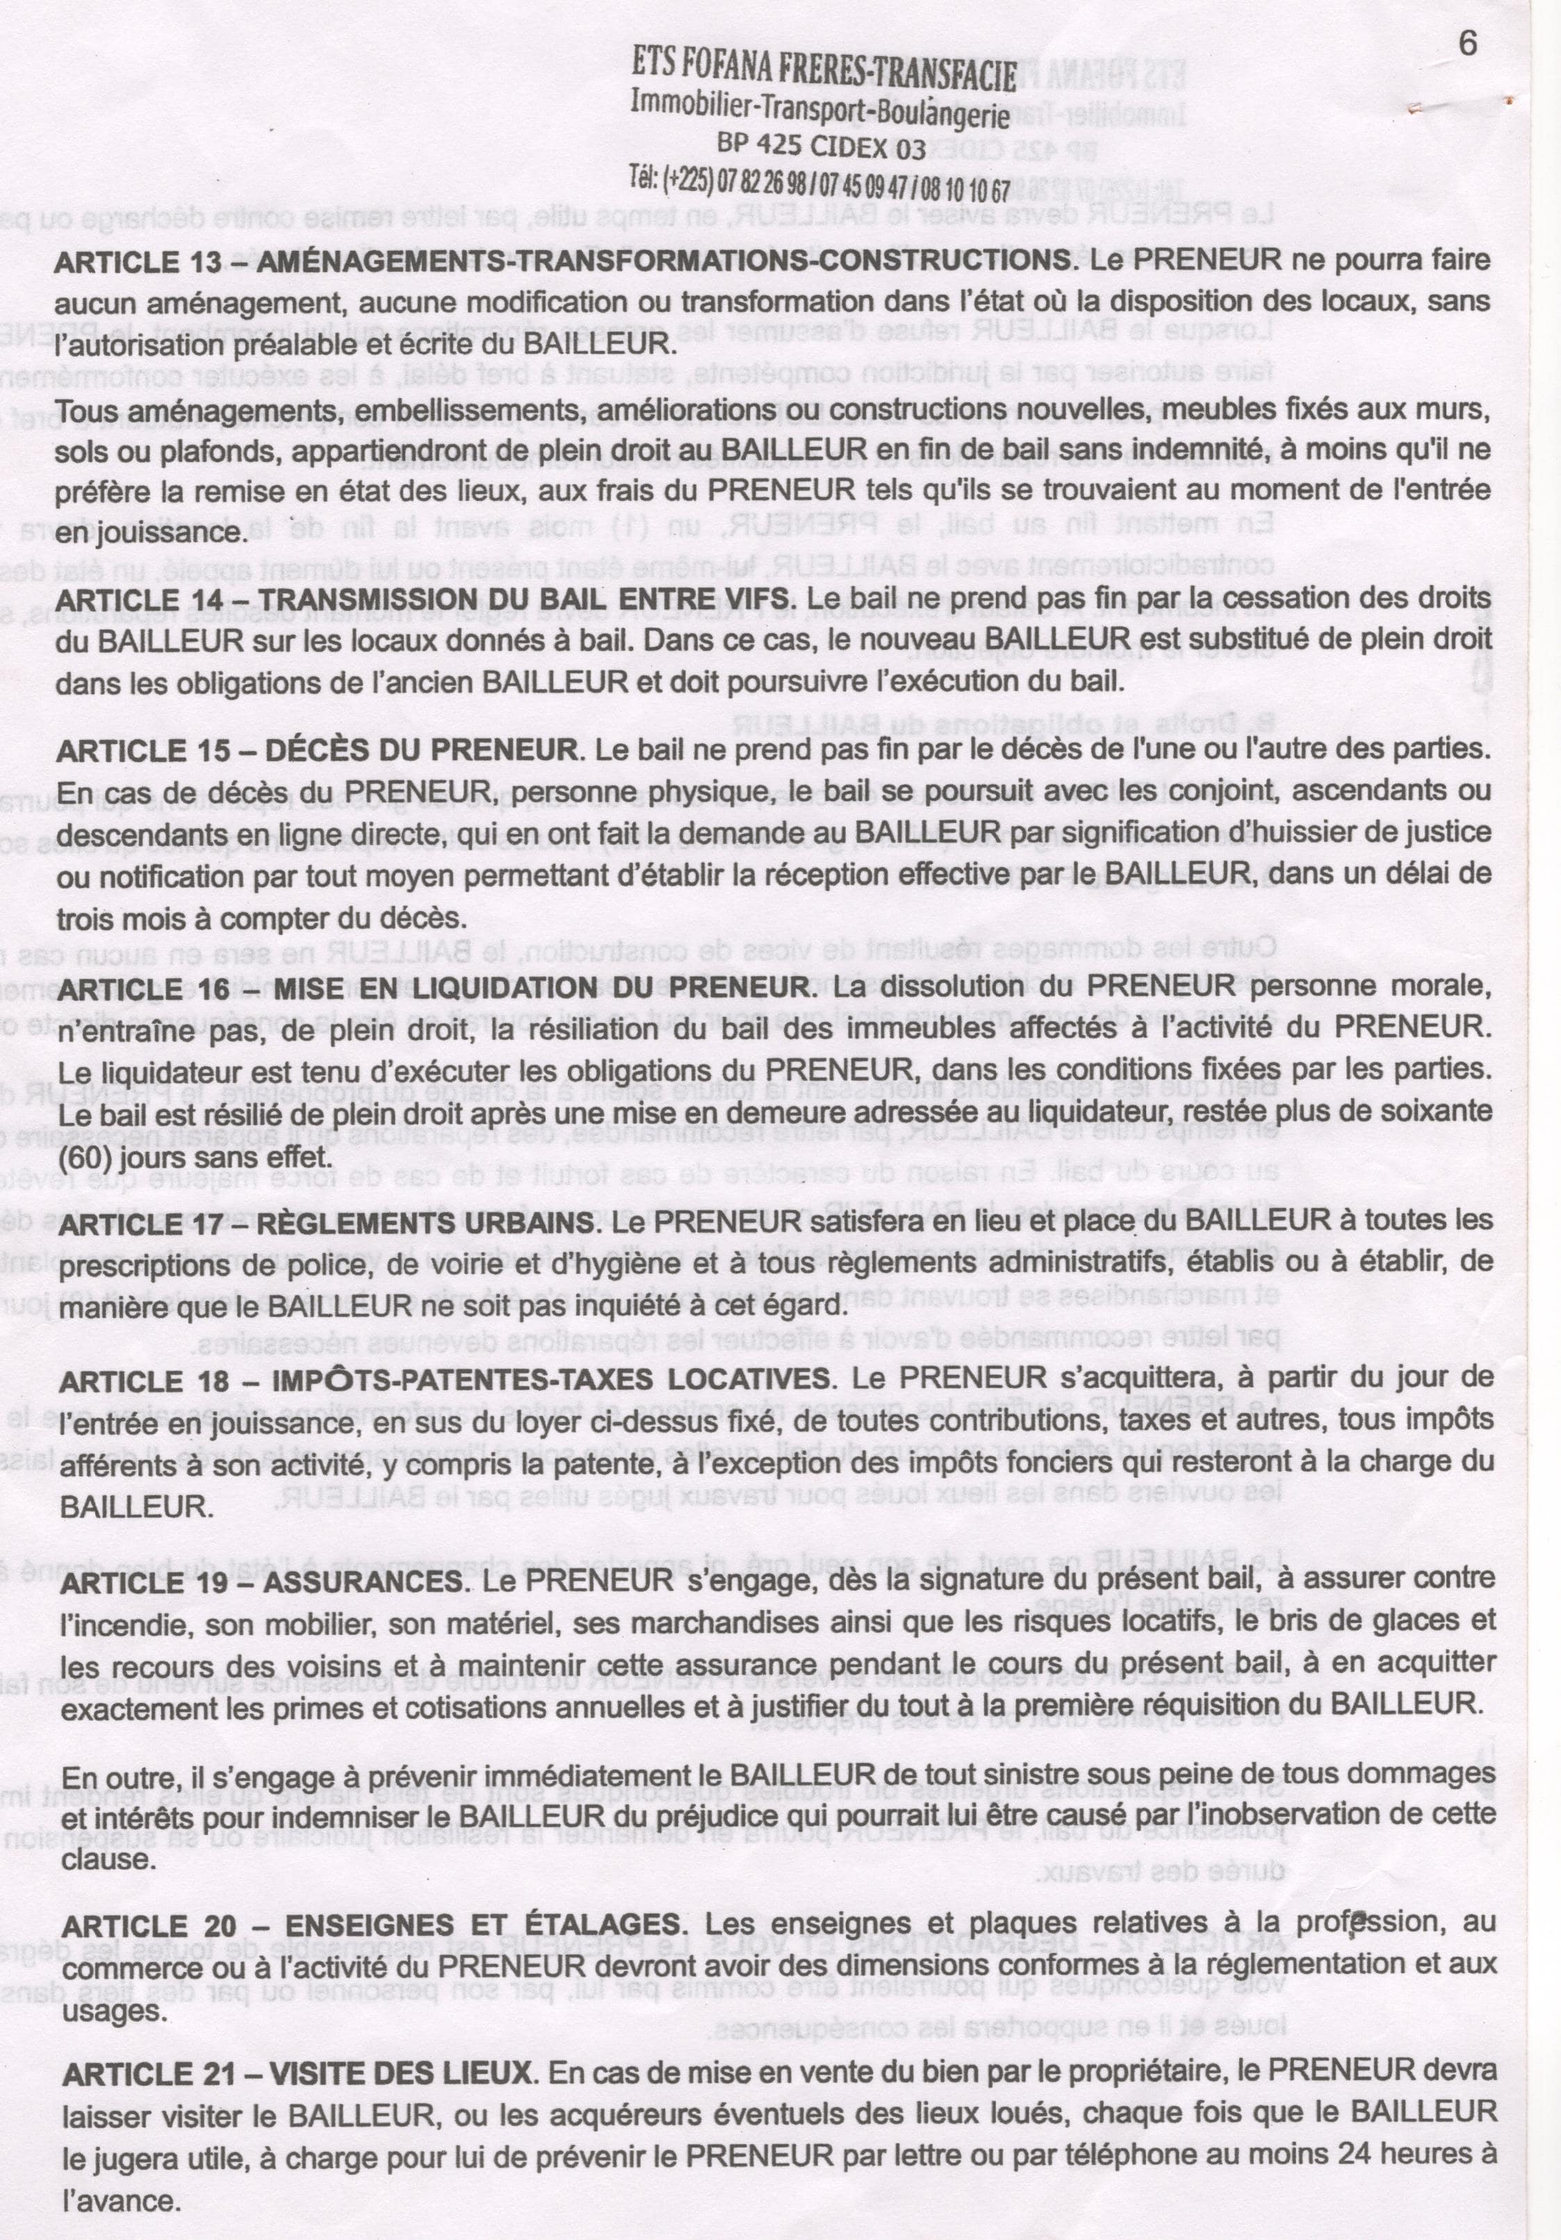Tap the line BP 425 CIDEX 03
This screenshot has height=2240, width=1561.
pyautogui.click(x=821, y=145)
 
